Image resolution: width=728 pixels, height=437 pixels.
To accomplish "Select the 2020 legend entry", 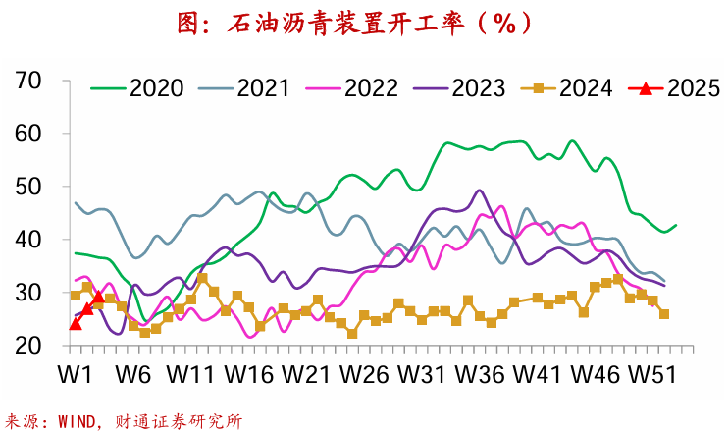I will coord(136,88).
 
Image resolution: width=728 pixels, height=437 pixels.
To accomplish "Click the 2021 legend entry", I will coord(244,88).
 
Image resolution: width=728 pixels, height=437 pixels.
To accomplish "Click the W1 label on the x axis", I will coord(75,375).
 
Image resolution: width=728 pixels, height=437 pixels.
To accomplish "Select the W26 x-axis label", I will coord(362,375).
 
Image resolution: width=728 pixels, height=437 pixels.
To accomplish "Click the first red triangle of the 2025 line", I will coord(76,323).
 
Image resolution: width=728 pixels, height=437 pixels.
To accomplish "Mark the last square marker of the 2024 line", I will coord(664,314).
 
